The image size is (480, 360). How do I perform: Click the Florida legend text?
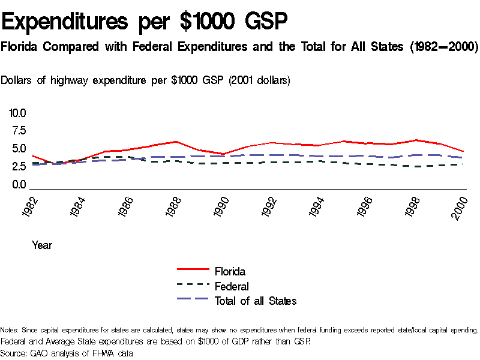tap(230, 272)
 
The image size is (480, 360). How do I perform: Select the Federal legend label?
tap(232, 287)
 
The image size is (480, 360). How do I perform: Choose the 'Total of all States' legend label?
tap(256, 301)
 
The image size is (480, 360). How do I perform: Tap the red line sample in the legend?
tap(193, 271)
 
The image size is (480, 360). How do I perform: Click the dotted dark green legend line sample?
tap(193, 286)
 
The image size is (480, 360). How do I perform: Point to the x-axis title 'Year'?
tap(42, 245)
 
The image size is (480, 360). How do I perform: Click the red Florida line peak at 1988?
tap(175, 142)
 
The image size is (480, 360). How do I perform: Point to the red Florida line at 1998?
tap(415, 140)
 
